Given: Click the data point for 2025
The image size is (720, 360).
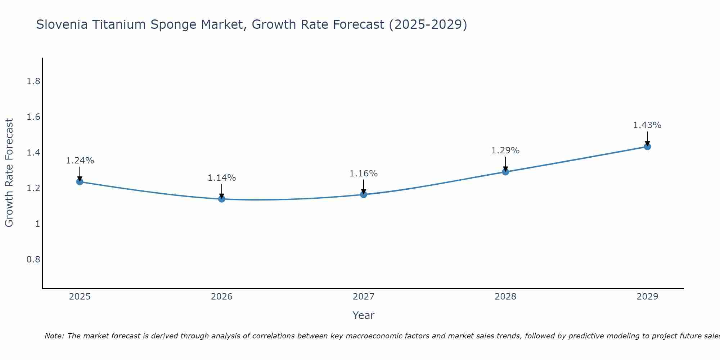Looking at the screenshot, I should pos(80,181).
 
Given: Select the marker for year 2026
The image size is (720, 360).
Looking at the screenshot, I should pos(222,199).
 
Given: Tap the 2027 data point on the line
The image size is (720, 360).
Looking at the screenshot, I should pos(364,194).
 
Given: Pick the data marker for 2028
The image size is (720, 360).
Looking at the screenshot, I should pos(505,172).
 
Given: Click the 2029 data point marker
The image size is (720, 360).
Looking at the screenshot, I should pos(647,147).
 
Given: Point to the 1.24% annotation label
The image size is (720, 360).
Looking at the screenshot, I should pos(80,161).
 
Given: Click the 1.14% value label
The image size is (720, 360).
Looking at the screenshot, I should pos(222,178).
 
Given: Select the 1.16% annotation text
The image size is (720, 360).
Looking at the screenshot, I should pos(364,174).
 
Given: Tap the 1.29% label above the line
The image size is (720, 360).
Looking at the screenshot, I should pos(505,150).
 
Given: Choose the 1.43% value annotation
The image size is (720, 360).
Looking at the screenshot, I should pos(647,125).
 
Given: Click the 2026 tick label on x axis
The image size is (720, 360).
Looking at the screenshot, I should pos(222,297).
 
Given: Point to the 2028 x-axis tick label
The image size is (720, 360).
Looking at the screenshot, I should pos(505,297).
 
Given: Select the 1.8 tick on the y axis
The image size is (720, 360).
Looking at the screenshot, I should pos(33,81).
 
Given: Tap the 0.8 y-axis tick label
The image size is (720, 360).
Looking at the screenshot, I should pos(33,260).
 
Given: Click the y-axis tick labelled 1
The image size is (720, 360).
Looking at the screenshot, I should pos(37,224).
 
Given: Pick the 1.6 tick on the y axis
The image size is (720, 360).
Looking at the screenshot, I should pos(33,117).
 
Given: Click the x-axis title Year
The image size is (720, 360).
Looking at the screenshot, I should pos(364,315).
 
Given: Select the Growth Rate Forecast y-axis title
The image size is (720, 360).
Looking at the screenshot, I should pos(9,173).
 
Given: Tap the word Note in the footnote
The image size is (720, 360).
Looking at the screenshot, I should pos(54,336).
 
